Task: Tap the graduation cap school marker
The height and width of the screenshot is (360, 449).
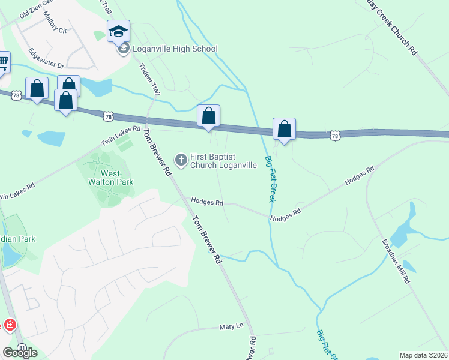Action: pyautogui.click(x=119, y=31)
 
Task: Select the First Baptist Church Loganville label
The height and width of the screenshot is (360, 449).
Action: pyautogui.click(x=223, y=161)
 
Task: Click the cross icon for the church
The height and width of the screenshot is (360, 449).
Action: pyautogui.click(x=181, y=160)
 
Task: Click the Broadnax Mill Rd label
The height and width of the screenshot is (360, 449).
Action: pyautogui.click(x=397, y=262)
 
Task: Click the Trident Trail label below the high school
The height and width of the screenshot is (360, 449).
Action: pyautogui.click(x=149, y=80)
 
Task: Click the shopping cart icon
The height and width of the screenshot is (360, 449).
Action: pyautogui.click(x=3, y=61)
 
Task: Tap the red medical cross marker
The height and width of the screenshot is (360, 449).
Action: pyautogui.click(x=10, y=325)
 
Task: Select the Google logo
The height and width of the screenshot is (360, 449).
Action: pyautogui.click(x=19, y=353)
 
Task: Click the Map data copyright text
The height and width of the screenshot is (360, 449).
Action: pyautogui.click(x=424, y=355)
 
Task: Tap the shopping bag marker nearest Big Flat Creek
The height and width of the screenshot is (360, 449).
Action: pyautogui.click(x=285, y=129)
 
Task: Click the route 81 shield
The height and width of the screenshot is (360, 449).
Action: pyautogui.click(x=22, y=348)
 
